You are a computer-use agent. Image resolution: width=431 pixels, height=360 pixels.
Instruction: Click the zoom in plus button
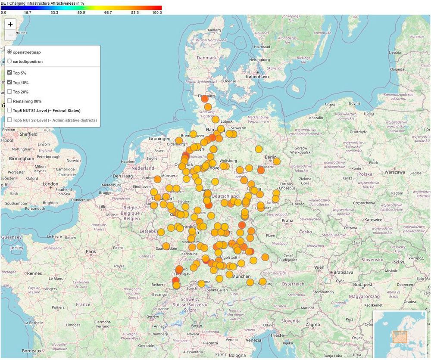coord(10,25)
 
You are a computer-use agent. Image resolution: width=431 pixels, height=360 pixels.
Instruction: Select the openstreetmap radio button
coord(9,52)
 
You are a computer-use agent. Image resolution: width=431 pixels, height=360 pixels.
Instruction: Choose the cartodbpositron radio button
coord(9,62)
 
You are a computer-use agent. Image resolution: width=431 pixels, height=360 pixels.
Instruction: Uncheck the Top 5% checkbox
coord(9,73)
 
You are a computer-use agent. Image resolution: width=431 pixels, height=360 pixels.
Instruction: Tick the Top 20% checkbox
coord(9,92)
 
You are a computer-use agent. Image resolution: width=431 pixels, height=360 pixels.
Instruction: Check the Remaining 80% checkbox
coord(9,101)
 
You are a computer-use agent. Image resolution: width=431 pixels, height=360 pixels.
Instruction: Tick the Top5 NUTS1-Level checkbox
coord(9,111)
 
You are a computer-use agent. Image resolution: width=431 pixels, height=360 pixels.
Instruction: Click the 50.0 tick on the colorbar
coord(81,13)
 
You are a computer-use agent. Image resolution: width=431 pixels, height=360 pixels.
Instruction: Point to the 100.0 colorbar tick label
coord(157,13)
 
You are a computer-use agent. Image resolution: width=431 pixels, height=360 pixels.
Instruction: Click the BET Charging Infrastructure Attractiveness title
coord(42,3)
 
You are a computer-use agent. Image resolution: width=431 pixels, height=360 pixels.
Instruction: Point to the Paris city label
coord(91,251)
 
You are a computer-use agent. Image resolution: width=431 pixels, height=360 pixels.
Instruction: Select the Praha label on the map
coord(287,220)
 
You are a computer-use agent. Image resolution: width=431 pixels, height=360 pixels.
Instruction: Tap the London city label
coord(50,184)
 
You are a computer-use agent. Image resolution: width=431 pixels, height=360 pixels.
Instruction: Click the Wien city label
coord(319,267)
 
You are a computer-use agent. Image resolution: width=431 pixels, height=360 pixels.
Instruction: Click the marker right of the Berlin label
coord(276,161)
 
